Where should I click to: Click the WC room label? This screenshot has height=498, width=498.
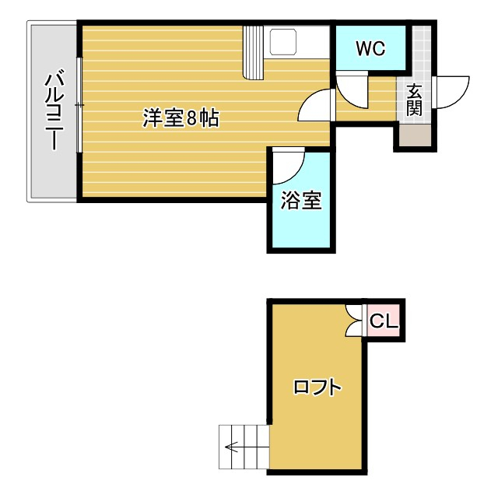coord(370,48)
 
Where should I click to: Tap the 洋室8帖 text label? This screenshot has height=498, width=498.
coord(181,119)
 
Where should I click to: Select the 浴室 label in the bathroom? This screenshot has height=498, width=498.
coord(300,201)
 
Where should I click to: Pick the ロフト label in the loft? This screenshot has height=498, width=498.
coord(317,387)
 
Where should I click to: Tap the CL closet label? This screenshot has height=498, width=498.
coord(384,321)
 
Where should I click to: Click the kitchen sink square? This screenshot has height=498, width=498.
coord(283,41)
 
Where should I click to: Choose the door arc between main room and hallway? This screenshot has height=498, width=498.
coord(315,105)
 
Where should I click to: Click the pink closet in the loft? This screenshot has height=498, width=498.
coord(383,320)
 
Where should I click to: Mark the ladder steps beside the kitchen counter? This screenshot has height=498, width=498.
coord(254,52)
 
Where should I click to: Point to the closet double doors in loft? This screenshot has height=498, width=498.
coord(356,320)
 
